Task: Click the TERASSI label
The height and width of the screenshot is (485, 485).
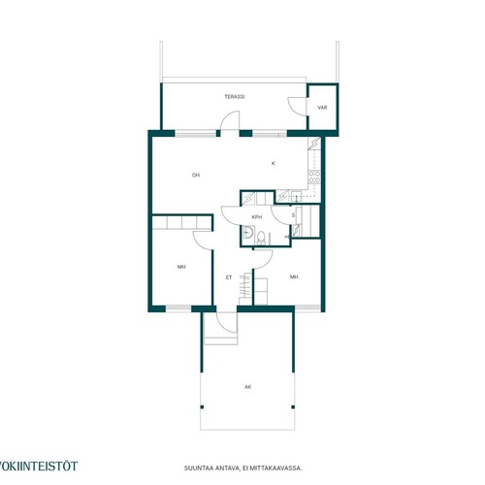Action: tap(235, 97)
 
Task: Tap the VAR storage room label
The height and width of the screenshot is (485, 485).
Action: tap(322, 108)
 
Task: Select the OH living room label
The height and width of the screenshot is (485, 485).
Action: tap(196, 176)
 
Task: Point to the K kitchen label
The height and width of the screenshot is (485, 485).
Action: tap(274, 164)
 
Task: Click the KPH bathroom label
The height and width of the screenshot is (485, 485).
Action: tap(257, 217)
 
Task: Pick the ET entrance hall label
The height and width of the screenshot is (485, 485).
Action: tap(229, 277)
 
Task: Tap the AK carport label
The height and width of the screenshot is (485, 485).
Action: tap(248, 387)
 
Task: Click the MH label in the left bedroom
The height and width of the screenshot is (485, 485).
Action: tap(181, 267)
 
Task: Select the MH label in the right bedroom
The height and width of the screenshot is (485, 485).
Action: tap(294, 277)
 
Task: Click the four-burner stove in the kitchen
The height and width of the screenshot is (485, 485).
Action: tap(314, 178)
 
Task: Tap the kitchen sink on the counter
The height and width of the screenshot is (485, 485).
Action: tap(296, 196)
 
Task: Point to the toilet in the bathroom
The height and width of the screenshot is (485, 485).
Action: tap(261, 239)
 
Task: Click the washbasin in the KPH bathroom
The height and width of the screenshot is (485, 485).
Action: tap(248, 232)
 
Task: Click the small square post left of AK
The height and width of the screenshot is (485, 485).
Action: tap(202, 407)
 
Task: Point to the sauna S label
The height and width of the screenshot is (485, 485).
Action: tap(293, 215)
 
